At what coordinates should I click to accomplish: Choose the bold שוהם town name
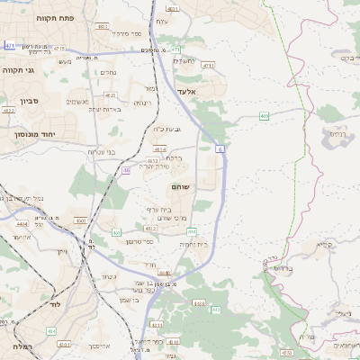coord(180,186)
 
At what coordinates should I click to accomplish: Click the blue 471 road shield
coord(10,45)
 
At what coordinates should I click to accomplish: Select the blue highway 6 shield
coord(220,147)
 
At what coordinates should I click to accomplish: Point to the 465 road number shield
coord(264,116)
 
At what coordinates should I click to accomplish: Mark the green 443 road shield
coord(216,310)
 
